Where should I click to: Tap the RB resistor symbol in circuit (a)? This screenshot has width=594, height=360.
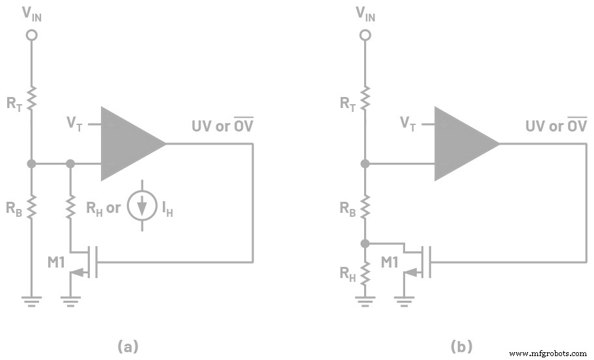[x=30, y=208]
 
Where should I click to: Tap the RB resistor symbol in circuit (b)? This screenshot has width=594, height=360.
[x=365, y=208]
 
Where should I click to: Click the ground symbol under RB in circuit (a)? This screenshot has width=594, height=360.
[x=30, y=301]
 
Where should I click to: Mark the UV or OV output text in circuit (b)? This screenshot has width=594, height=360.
[x=556, y=126]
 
